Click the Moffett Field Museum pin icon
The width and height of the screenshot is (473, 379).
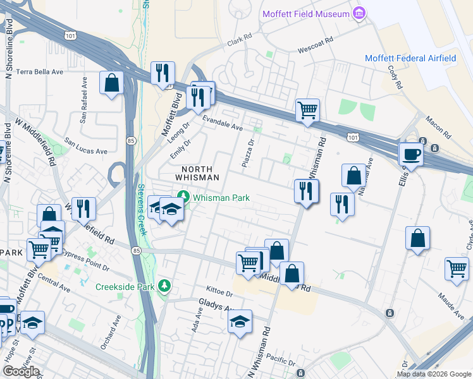pyautogui.click(x=360, y=13)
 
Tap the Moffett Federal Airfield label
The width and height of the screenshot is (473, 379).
pyautogui.click(x=410, y=59)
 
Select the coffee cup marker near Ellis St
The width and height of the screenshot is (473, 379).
pyautogui.click(x=411, y=155)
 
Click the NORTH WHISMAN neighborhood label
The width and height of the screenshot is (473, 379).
pyautogui.click(x=200, y=173)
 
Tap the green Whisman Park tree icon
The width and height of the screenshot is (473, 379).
pyautogui.click(x=183, y=198)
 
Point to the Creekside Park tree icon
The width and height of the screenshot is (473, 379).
pyautogui.click(x=165, y=286)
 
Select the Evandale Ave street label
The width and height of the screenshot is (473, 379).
pyautogui.click(x=222, y=123)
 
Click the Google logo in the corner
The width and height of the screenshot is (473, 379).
pyautogui.click(x=21, y=371)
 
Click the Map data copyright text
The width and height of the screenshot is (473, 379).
pyautogui.click(x=433, y=374)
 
